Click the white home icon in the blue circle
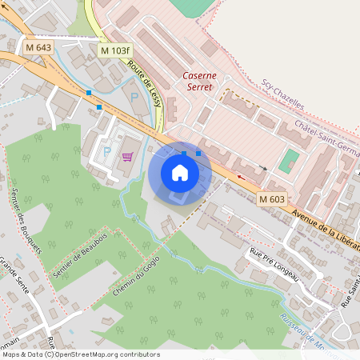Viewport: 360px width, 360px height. [180, 172]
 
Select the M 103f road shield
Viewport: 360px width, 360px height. [114, 50]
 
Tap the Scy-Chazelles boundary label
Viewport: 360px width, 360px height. [283, 94]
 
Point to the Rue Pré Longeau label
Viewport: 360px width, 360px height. [274, 265]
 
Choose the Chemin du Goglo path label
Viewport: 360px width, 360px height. [131, 286]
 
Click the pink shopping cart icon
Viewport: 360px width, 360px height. [127, 157]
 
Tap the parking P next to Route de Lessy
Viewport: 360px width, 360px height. [134, 96]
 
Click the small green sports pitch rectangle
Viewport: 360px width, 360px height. [289, 160]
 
